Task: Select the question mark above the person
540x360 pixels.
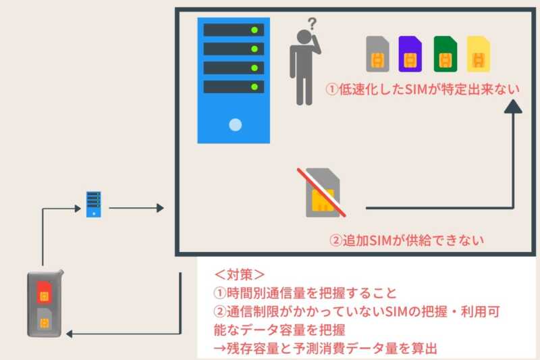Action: [x=311, y=25]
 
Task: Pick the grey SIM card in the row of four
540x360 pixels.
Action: [x=377, y=54]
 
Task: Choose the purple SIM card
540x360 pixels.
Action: [x=410, y=54]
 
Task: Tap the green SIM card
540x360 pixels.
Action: [x=445, y=54]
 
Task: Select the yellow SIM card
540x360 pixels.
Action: [x=479, y=54]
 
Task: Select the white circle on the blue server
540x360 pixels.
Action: [x=235, y=124]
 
